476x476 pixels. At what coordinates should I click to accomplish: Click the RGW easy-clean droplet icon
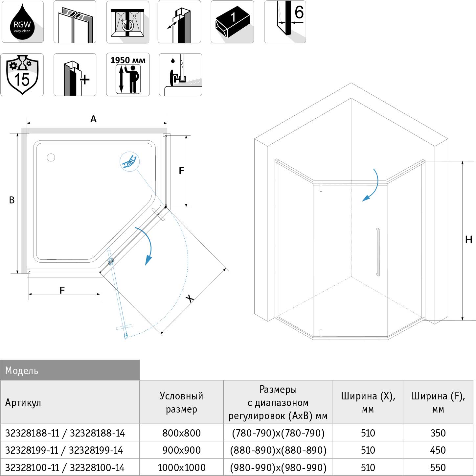[22, 22]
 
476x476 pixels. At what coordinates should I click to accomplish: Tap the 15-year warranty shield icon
[22, 75]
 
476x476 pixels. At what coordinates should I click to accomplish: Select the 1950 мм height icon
[128, 74]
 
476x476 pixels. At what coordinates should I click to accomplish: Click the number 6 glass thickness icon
[285, 22]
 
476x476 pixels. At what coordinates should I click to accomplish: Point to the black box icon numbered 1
[232, 22]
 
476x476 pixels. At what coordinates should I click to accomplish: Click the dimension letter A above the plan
[93, 119]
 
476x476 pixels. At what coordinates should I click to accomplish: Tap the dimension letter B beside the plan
[11, 200]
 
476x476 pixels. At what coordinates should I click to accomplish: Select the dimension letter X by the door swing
[190, 298]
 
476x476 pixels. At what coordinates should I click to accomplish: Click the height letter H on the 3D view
[468, 239]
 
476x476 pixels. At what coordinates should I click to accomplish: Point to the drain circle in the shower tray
[51, 157]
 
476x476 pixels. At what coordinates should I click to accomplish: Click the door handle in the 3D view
[378, 252]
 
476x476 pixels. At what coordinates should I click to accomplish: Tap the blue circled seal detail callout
[129, 161]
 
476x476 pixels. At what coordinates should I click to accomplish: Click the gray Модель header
[70, 370]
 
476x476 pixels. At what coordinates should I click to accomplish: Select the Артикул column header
[23, 402]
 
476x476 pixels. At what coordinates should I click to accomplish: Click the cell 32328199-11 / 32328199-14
[64, 450]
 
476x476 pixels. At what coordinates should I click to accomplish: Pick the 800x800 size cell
[182, 433]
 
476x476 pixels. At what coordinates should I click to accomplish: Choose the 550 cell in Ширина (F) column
[438, 467]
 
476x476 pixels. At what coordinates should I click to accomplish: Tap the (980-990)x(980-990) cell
[278, 467]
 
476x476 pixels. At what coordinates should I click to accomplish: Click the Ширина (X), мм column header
[368, 402]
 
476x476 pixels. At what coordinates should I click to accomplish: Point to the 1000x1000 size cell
[182, 467]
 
